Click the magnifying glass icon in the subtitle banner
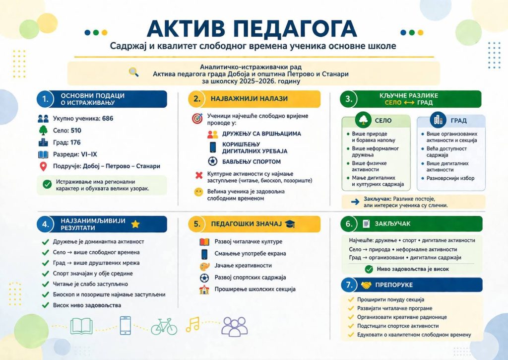[133, 72]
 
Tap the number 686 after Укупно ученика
[108, 119]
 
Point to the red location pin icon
[43, 166]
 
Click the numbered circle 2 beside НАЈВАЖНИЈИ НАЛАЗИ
[197, 99]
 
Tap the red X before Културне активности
[199, 175]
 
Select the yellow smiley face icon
[198, 192]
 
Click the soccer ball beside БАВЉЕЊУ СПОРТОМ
[212, 161]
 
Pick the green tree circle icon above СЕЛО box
[363, 120]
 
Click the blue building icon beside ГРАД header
[438, 120]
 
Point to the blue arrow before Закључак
[355, 202]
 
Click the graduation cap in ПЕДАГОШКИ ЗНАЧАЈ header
[290, 224]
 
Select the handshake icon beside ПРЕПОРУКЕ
[366, 285]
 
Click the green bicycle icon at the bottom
[164, 326]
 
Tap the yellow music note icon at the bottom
[192, 324]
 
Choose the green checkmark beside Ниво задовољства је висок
[369, 269]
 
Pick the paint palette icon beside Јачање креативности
[204, 266]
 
